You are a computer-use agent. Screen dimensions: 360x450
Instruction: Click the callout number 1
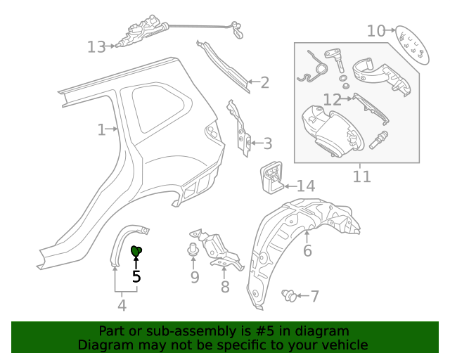pos(101,129)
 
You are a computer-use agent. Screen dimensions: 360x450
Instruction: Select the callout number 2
pos(264,83)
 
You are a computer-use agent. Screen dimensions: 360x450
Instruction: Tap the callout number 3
pos(267,144)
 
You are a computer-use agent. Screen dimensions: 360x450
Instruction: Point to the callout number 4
pos(122,305)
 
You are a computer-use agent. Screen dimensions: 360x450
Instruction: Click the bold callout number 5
pos(136,276)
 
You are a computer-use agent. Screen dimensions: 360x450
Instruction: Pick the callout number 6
pos(307,251)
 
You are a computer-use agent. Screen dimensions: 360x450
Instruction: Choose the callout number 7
pos(314,296)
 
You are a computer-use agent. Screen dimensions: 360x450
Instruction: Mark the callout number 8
pos(225,286)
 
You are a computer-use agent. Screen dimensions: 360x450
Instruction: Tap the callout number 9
pos(195,277)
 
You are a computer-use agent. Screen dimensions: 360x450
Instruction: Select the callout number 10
pos(376,30)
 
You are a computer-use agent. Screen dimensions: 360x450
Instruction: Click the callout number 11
pos(361,175)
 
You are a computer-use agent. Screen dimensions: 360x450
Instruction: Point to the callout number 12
pos(332,99)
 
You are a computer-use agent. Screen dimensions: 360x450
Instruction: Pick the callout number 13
pos(96,47)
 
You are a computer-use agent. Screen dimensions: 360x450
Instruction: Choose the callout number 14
pos(306,186)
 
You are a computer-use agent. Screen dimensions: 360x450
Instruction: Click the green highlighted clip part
pos(136,250)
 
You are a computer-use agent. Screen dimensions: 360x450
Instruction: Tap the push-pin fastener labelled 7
pos(288,295)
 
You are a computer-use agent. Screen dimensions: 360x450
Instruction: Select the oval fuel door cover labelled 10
pos(411,45)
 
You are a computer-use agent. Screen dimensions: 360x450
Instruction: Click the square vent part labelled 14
pos(272,176)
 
